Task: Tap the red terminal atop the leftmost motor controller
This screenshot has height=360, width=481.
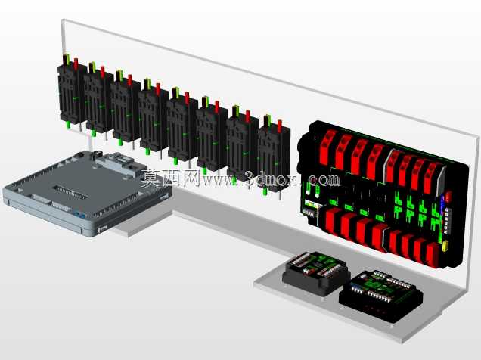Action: [x=76, y=64]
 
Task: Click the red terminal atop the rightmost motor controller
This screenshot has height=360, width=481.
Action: [x=280, y=126]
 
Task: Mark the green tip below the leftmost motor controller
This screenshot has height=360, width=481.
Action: [x=68, y=125]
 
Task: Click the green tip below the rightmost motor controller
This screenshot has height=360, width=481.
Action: [x=265, y=192]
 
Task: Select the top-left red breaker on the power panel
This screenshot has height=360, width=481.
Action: [x=327, y=147]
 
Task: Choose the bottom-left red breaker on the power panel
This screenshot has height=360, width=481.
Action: [x=332, y=222]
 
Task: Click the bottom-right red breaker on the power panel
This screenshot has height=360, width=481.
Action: [x=433, y=255]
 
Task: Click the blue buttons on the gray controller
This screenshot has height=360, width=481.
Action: [x=80, y=216]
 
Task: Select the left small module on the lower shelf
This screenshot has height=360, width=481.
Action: [x=316, y=272]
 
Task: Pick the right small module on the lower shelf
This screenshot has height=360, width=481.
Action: [x=380, y=295]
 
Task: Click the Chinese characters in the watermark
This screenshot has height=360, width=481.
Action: [x=171, y=178]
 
